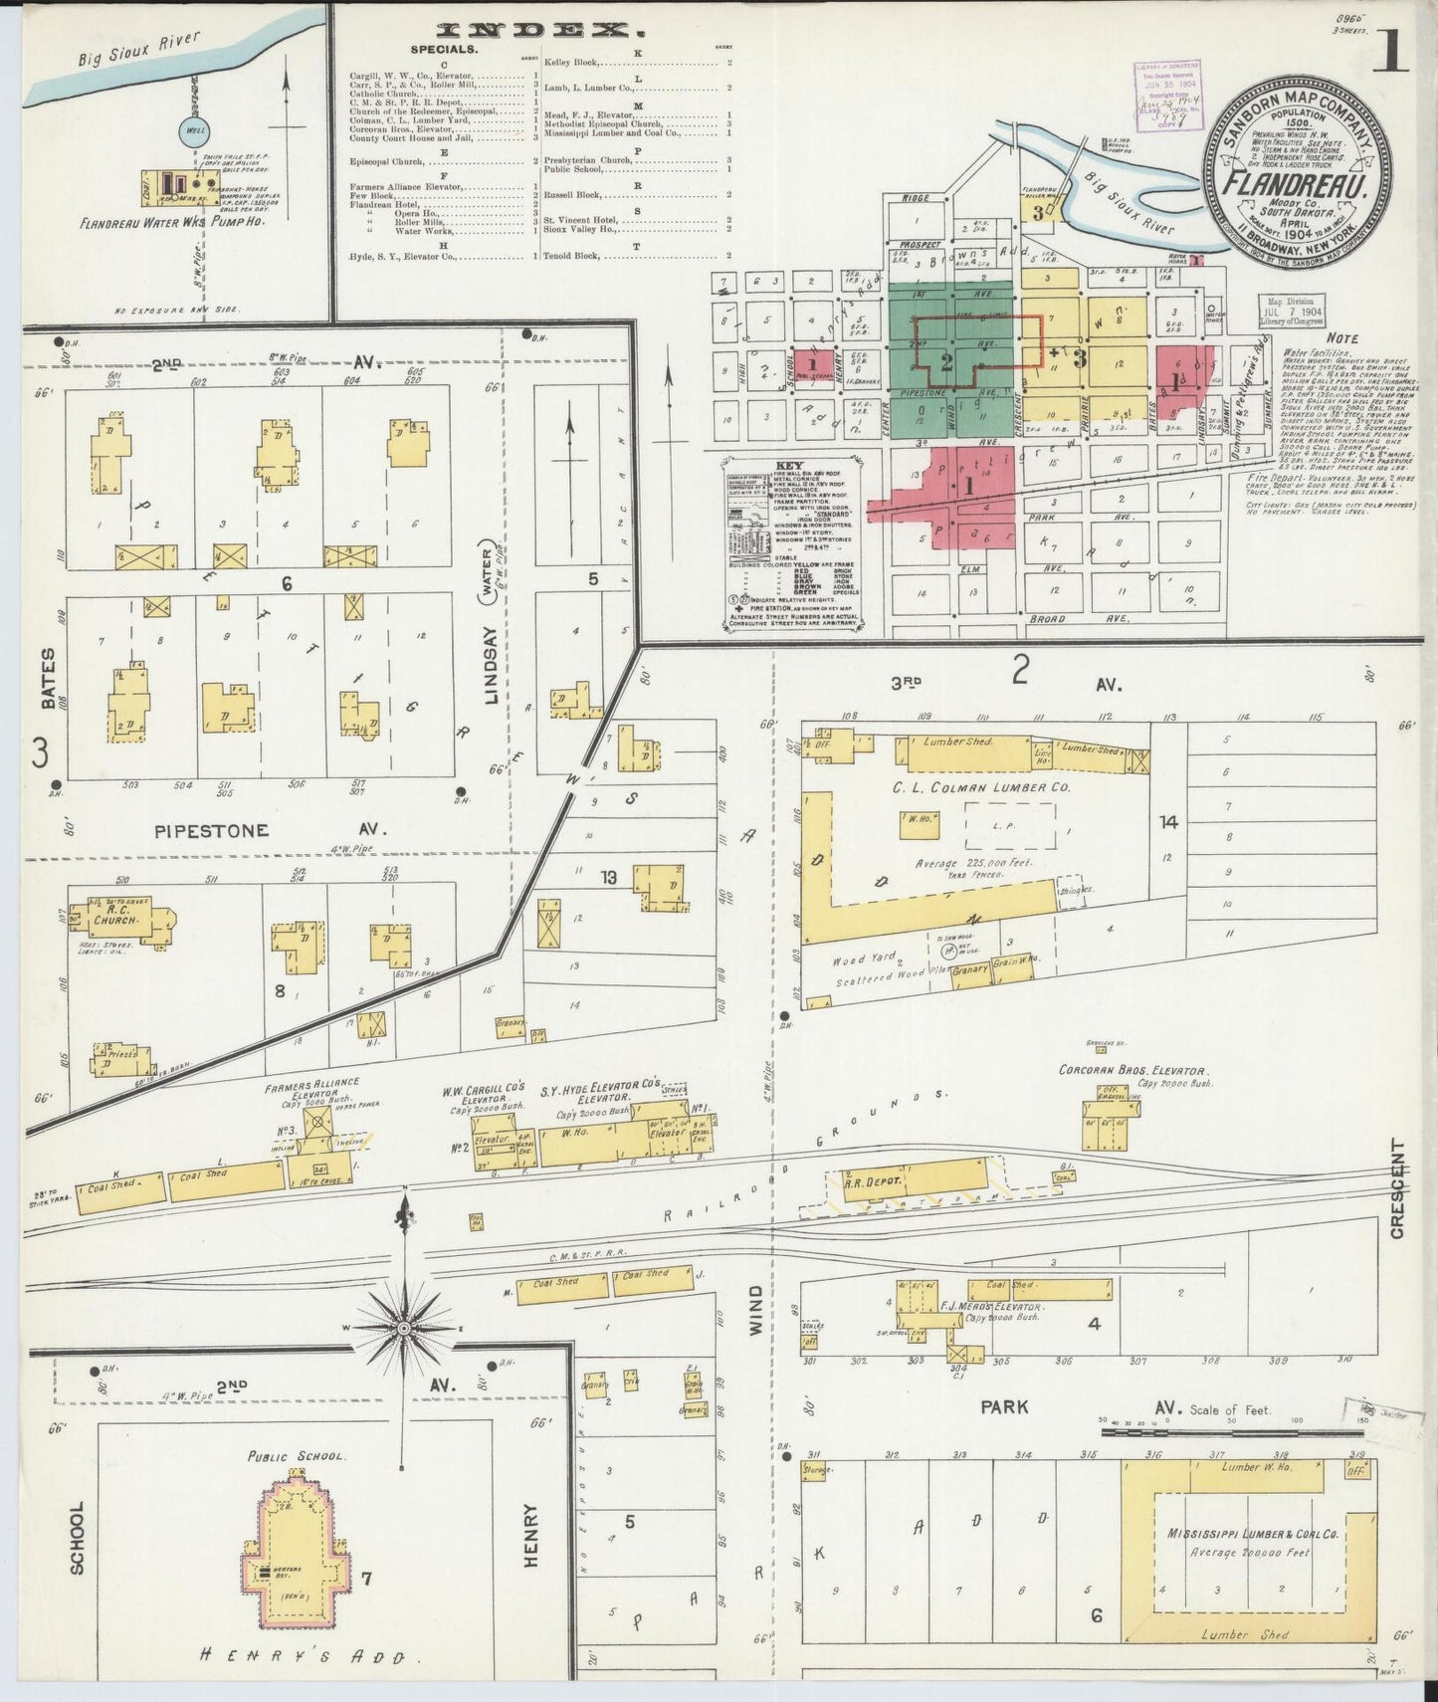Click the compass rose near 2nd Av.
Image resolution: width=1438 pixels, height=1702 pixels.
pyautogui.click(x=404, y=1328)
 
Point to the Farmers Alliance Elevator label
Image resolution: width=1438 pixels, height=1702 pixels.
pyautogui.click(x=311, y=1088)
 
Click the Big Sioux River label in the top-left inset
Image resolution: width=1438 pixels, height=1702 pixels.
pyautogui.click(x=139, y=50)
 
